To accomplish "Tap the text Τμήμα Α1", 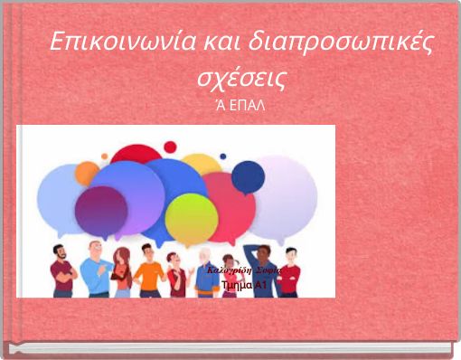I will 243,286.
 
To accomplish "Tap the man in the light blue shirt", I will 92,271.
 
